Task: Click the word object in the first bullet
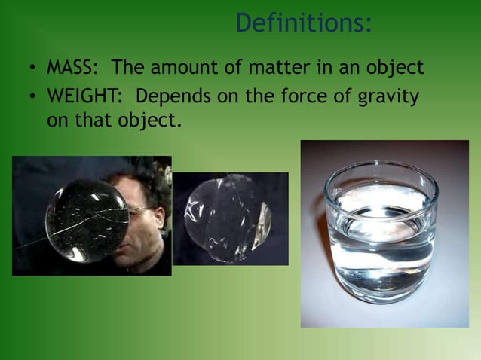coord(395,69)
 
